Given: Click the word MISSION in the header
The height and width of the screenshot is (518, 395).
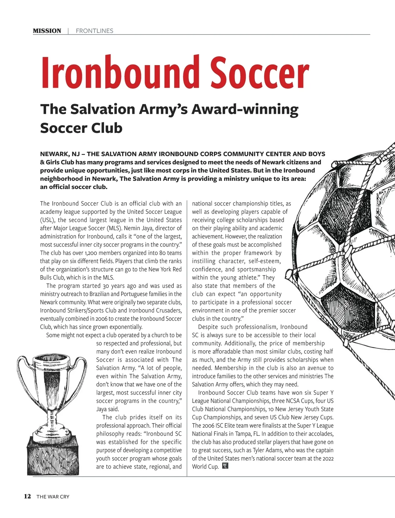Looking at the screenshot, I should click(47, 31).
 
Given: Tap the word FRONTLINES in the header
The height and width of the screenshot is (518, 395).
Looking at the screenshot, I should click(94, 31).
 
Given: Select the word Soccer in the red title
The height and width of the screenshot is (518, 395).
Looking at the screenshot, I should click(260, 73).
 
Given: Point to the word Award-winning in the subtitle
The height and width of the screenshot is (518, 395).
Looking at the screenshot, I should click(245, 109).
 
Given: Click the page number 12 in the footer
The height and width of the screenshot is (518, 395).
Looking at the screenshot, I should click(27, 496).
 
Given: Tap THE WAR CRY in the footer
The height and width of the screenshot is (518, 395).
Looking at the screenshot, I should click(53, 497).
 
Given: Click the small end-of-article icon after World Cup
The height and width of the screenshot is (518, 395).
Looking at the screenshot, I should click(225, 466).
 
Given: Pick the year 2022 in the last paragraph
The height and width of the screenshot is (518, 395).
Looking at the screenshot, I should click(328, 458).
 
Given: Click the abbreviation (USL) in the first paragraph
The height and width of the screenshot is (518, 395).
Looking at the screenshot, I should click(48, 220).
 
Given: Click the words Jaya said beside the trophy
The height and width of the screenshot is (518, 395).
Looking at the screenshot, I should click(108, 409).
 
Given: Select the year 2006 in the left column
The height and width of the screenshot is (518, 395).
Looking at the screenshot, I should click(102, 319).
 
